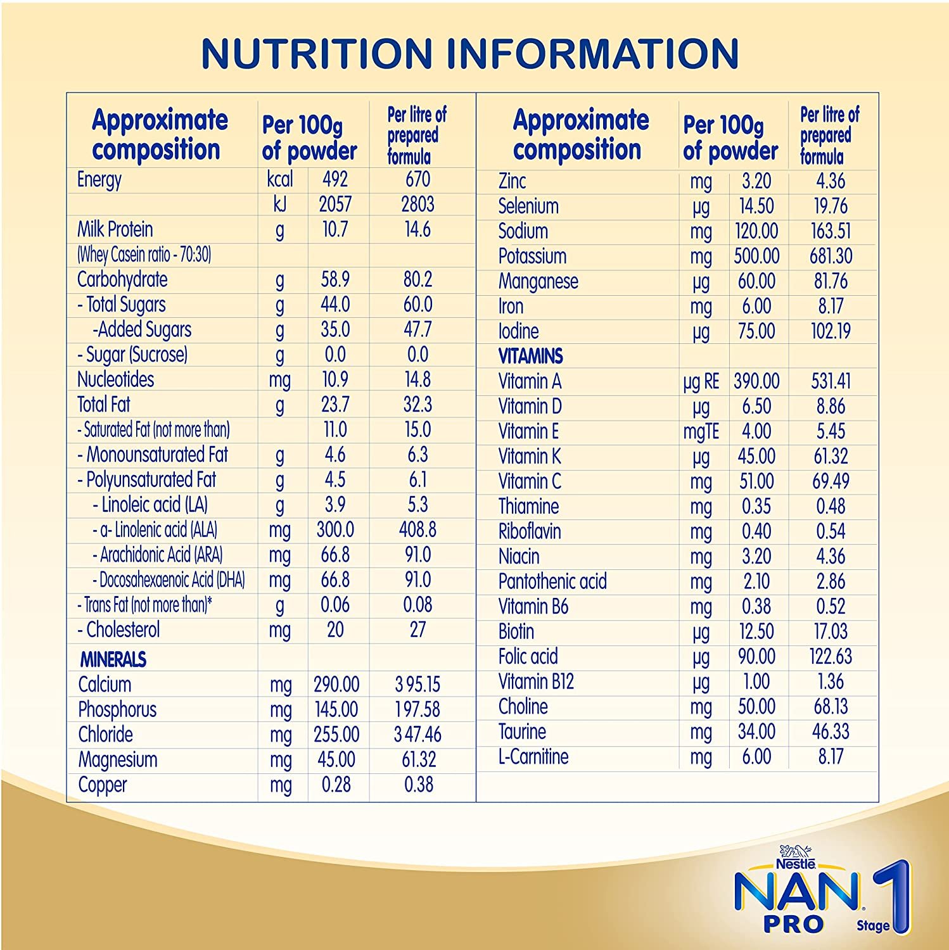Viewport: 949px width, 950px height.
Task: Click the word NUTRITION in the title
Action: [317, 53]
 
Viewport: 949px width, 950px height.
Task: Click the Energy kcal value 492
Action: [335, 180]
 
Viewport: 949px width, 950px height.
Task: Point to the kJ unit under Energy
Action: [279, 205]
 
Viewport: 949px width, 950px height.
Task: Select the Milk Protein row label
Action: [115, 229]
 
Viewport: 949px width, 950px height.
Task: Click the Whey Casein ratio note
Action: [144, 255]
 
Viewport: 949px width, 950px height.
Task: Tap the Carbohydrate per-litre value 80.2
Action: [417, 279]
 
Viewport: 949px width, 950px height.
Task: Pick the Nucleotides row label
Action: [115, 379]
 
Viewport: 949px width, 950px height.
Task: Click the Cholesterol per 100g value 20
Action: [335, 630]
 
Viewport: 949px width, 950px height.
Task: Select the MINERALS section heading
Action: [113, 660]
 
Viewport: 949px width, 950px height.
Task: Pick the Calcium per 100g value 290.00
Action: [336, 685]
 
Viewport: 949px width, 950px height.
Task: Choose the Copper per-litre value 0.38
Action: [419, 785]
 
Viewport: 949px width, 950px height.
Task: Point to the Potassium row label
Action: [532, 256]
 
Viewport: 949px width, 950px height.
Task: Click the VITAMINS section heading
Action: [530, 357]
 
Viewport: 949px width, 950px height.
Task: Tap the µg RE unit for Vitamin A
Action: [701, 382]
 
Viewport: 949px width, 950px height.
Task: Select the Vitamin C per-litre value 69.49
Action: [831, 481]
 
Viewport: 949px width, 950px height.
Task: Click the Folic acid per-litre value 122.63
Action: [831, 657]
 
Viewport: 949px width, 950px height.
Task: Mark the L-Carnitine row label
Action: [533, 757]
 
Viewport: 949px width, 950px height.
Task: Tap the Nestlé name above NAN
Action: [796, 863]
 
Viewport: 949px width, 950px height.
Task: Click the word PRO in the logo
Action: [793, 924]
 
